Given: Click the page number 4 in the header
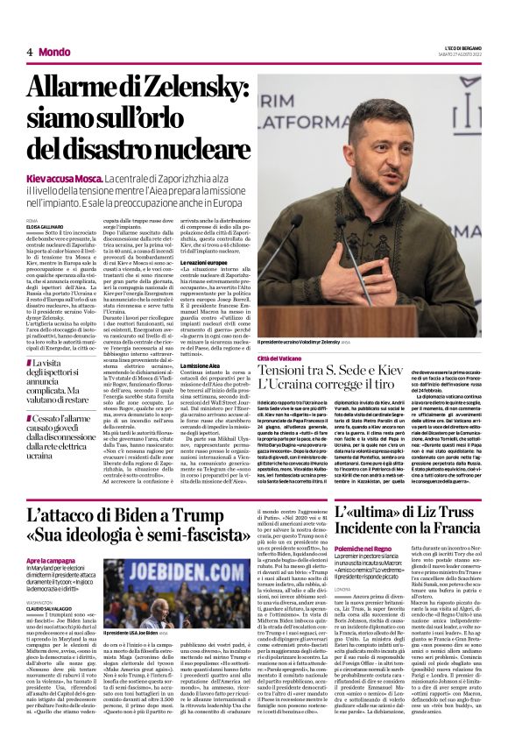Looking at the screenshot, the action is coord(30,52).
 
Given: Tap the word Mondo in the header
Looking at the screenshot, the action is coord(54,52).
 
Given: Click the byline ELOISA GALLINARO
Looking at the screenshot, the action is coord(45,226).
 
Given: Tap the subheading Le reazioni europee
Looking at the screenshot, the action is coord(204,263).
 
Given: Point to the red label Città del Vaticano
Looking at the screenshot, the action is coord(279,359).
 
